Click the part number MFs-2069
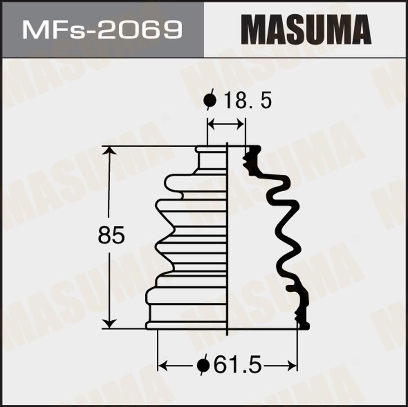coord(102,29)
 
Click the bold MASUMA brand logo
coord(306,29)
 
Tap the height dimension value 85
coord(111,236)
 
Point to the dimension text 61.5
coord(237,365)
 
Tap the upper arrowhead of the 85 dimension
coord(109,151)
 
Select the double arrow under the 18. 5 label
coord(226,125)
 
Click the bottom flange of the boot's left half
coord(186,325)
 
